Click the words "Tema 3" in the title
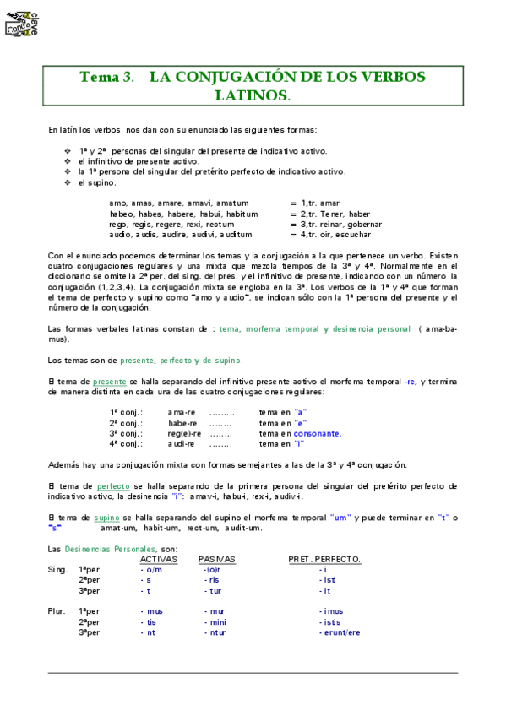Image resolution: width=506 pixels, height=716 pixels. click(x=105, y=77)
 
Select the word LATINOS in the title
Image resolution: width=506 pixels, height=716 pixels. click(x=251, y=95)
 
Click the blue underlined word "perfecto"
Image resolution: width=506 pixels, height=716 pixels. click(x=113, y=486)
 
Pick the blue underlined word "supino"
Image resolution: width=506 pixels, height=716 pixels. click(x=106, y=517)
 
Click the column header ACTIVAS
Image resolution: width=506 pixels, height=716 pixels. click(x=158, y=559)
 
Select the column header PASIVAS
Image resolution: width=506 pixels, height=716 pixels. click(x=217, y=559)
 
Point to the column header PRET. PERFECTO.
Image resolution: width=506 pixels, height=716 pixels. click(x=324, y=559)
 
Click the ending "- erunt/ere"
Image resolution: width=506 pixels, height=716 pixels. click(x=340, y=632)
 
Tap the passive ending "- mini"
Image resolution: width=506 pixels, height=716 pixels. click(x=216, y=621)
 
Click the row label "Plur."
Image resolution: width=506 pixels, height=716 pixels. click(x=57, y=610)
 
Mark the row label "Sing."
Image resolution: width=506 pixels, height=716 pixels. click(x=57, y=569)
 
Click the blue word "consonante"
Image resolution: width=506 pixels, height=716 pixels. click(x=317, y=433)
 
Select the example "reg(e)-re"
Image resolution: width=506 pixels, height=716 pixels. click(x=183, y=433)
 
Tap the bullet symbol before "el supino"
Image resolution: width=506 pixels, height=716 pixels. click(x=68, y=182)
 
